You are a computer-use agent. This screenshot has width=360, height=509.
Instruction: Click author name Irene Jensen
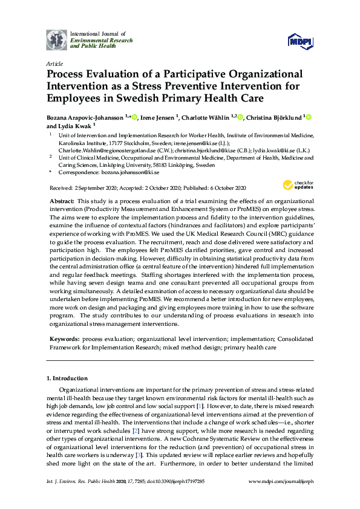click(157, 117)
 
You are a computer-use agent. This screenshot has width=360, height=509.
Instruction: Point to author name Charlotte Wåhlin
click(206, 117)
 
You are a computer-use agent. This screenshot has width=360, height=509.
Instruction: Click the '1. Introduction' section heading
click(68, 378)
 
